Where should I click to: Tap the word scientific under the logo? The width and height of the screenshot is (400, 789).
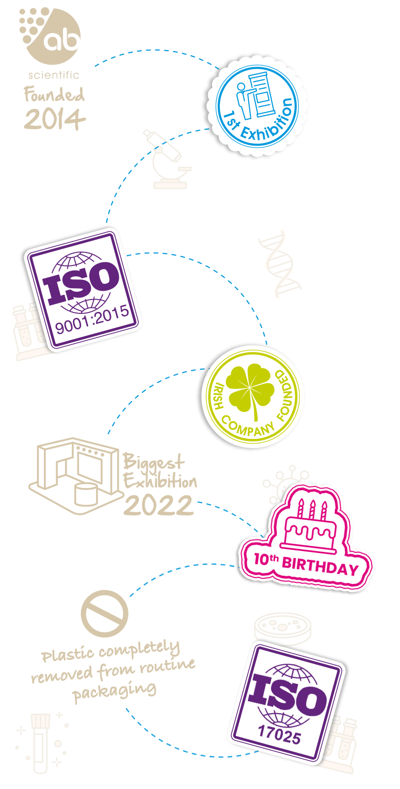click(x=54, y=75)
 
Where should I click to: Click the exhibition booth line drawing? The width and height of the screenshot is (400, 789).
click(x=76, y=480)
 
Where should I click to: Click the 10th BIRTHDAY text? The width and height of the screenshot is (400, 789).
click(x=306, y=564)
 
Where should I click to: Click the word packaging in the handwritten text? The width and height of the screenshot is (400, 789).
click(x=115, y=690)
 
